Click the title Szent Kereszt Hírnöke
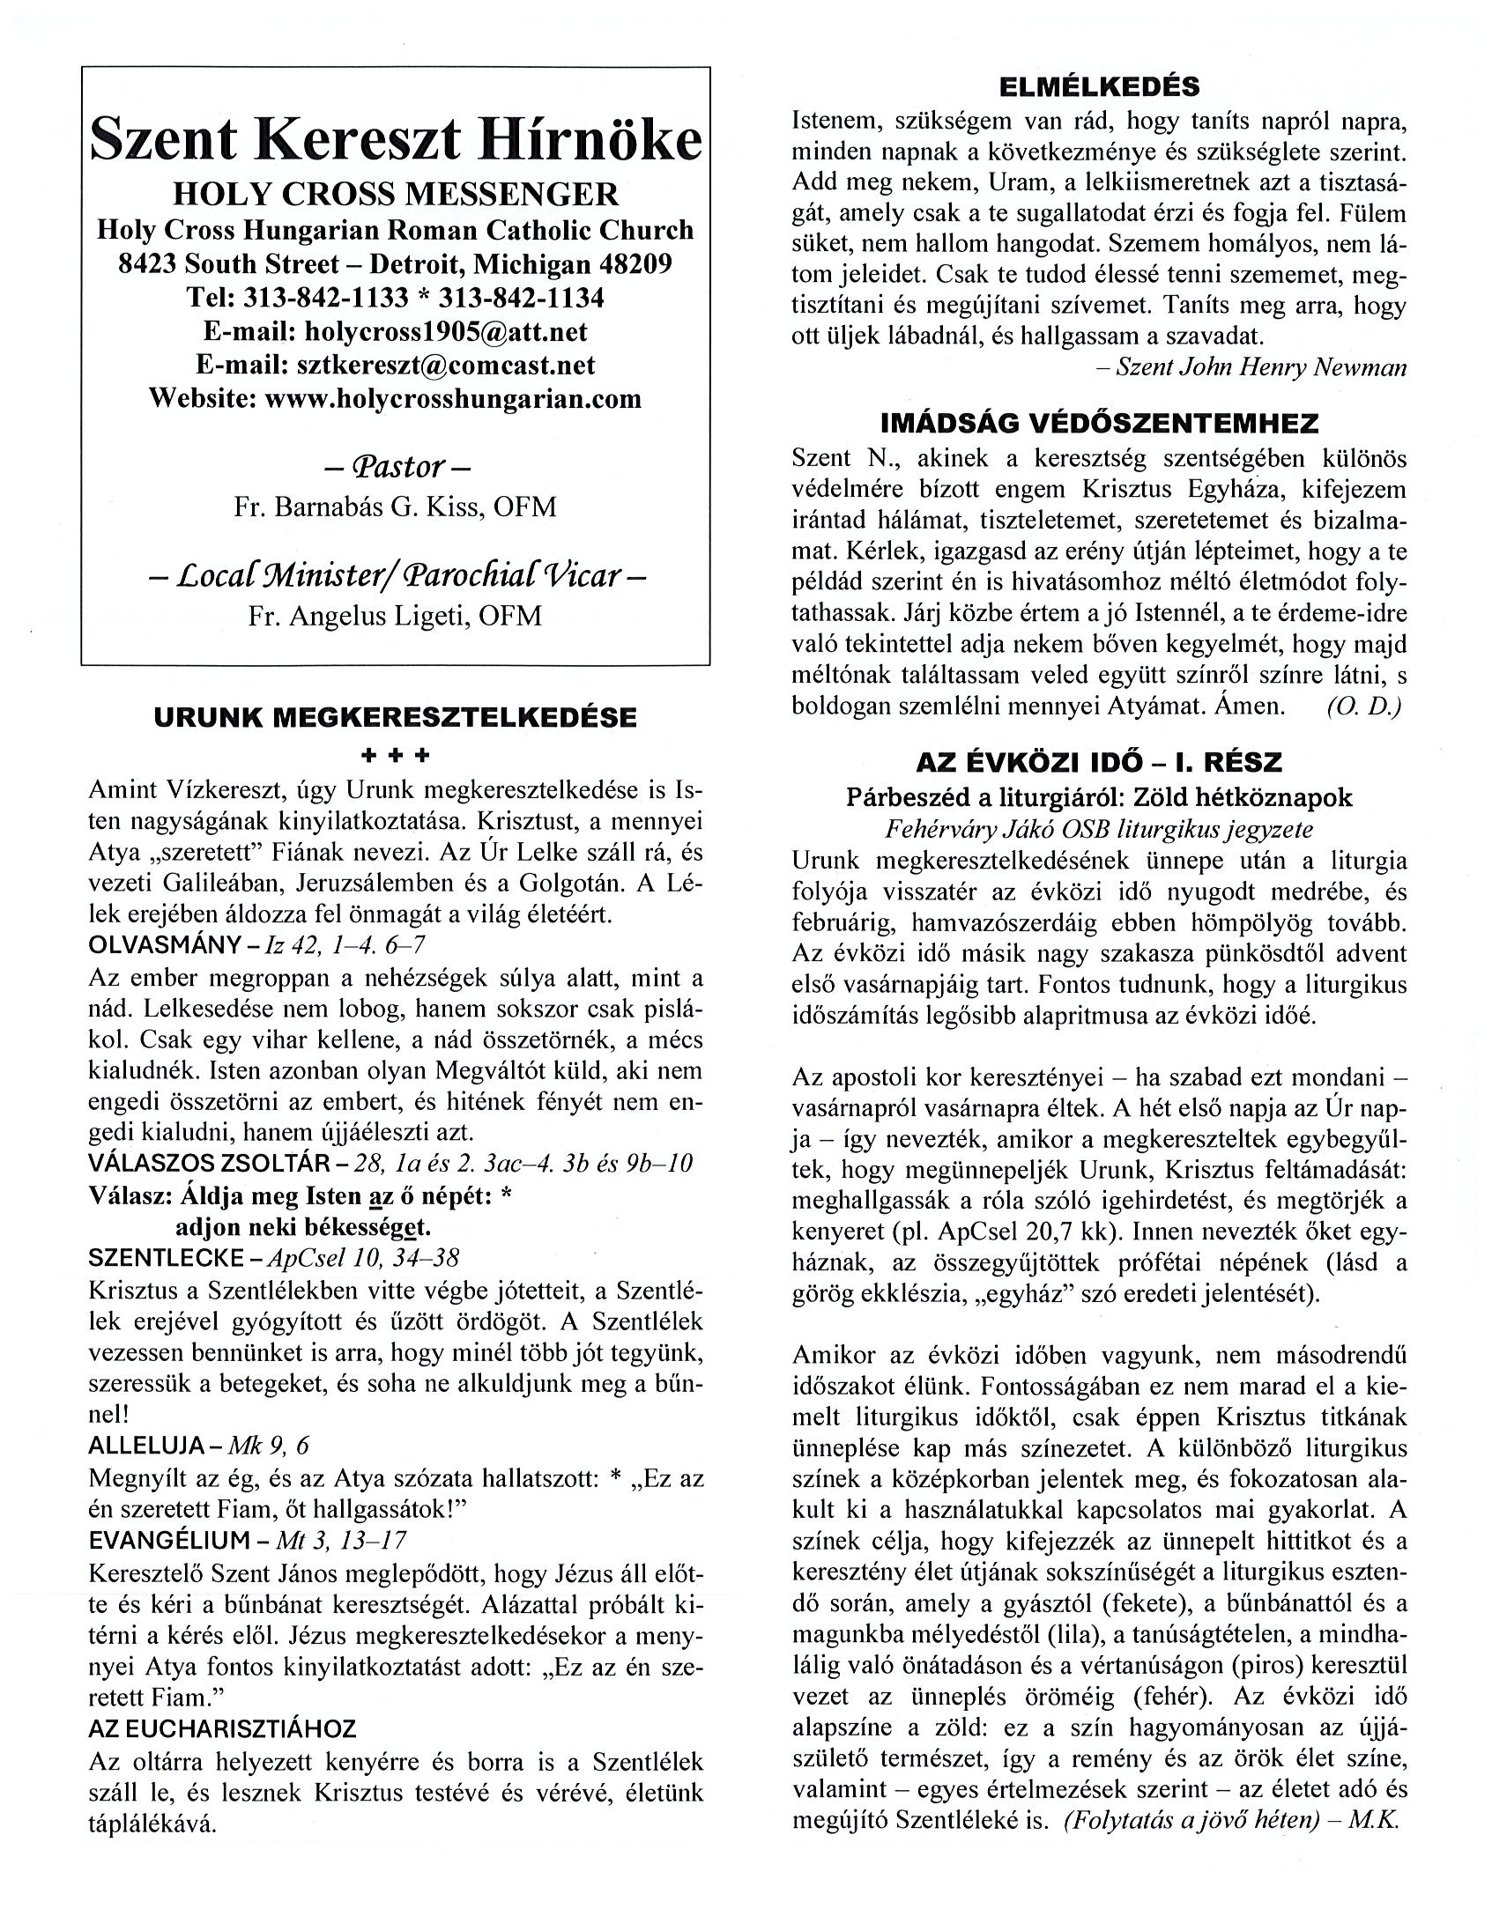[396, 140]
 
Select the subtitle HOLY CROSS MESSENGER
[396, 194]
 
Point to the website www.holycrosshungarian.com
[453, 399]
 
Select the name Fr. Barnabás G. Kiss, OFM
[396, 507]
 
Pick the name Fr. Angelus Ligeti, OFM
[396, 616]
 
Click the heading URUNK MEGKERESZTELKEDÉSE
[396, 717]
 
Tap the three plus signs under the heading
[396, 755]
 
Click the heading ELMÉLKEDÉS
[1099, 86]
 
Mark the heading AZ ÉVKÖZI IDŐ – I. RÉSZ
[1099, 761]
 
